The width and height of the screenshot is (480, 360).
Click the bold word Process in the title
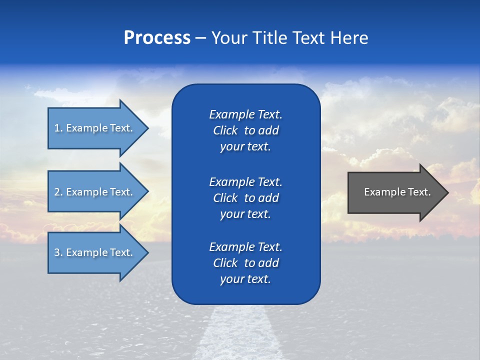point(157,38)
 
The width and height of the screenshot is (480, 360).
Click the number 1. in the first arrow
point(58,128)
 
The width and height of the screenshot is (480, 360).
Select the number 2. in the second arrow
point(58,192)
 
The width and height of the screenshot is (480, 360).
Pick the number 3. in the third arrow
point(58,252)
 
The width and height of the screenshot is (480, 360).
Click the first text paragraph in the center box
point(245,130)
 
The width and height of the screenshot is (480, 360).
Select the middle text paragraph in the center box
point(245,197)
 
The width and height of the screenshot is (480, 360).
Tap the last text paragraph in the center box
point(245,263)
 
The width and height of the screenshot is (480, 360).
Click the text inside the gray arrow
point(397,192)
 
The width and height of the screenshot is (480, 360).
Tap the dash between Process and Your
point(200,38)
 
